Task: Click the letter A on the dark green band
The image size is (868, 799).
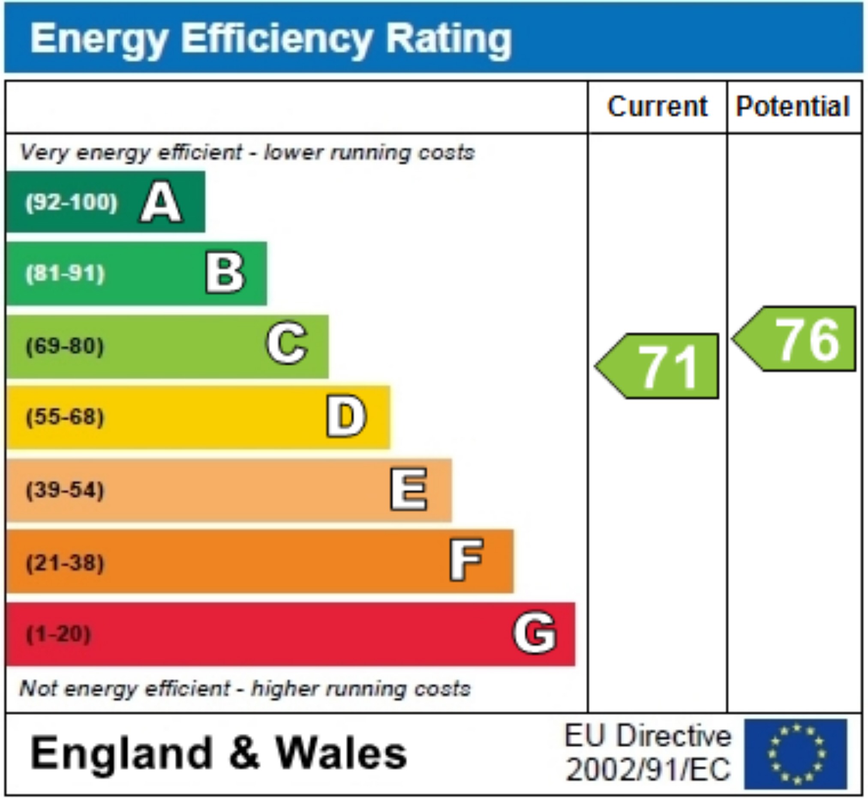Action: [161, 202]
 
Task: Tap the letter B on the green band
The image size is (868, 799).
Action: [225, 273]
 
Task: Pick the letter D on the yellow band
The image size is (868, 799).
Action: [346, 417]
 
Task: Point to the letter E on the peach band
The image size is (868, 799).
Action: [408, 489]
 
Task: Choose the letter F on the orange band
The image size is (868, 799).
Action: [466, 561]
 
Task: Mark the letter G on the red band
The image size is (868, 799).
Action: [535, 633]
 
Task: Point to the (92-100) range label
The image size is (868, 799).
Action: [71, 202]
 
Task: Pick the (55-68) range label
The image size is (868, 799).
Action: [65, 417]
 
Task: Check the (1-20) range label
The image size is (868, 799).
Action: [58, 634]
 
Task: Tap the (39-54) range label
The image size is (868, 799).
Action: [65, 490]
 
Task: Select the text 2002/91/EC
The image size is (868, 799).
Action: [648, 770]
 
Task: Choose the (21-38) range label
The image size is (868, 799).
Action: [65, 563]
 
